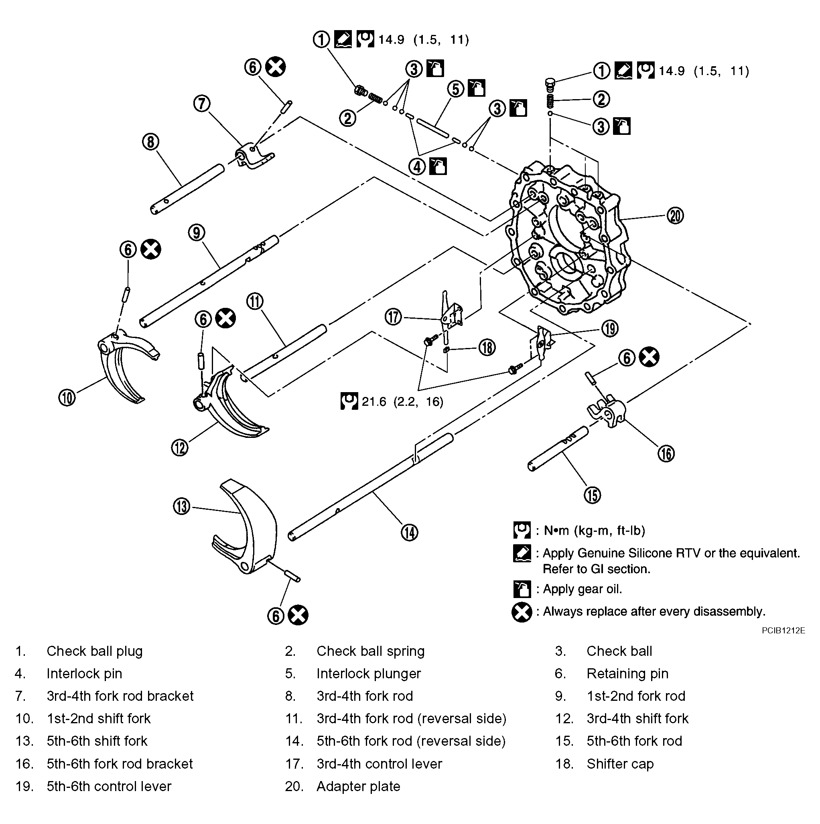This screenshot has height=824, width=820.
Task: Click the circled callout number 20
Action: tap(675, 216)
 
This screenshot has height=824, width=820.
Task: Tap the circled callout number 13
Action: tap(182, 506)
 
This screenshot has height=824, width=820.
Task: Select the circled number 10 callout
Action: tap(67, 397)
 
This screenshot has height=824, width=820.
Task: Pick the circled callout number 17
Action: tap(394, 317)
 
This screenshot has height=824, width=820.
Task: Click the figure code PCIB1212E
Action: tap(783, 631)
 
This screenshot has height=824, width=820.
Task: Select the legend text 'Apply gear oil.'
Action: tap(582, 589)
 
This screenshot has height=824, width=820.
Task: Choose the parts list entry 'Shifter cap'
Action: tap(620, 763)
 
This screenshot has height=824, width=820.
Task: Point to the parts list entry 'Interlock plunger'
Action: tap(368, 673)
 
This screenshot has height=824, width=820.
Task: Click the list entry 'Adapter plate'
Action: tap(358, 786)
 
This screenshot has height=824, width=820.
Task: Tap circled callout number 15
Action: tap(592, 495)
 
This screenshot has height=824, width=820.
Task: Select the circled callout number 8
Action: tap(150, 142)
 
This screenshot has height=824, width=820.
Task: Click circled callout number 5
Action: tap(456, 89)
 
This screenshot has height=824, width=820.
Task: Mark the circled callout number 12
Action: tap(179, 448)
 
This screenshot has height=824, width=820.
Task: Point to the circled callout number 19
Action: tap(610, 328)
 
